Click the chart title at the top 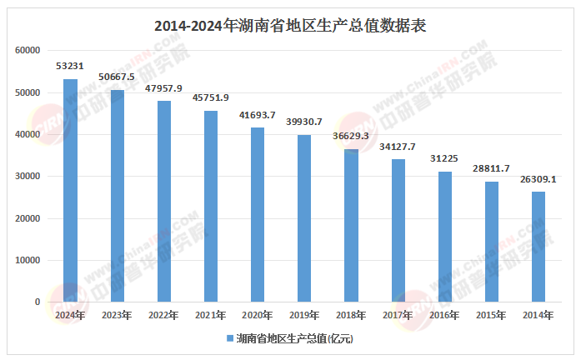click(290, 25)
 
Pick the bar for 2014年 click(538, 247)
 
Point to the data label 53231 click(70, 65)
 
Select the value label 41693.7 click(258, 113)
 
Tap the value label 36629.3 click(351, 135)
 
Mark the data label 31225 click(445, 157)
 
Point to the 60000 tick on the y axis click(28, 50)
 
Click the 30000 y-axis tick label click(28, 176)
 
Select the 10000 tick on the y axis click(28, 260)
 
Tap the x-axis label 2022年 click(163, 315)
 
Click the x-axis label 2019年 click(304, 315)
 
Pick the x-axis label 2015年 click(492, 315)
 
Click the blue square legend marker click(229, 339)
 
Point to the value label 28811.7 click(492, 167)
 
